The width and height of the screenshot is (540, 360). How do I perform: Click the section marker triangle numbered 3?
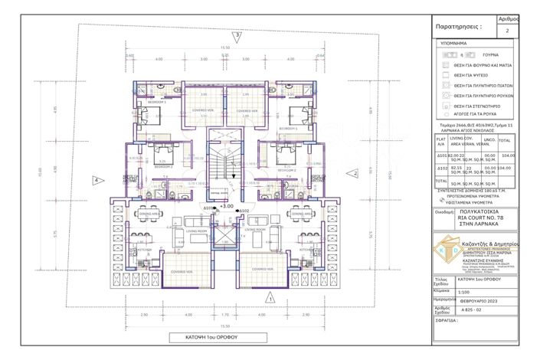point(237,35)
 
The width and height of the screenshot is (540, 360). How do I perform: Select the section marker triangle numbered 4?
point(97,181)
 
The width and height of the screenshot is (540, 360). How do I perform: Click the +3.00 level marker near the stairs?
point(226,206)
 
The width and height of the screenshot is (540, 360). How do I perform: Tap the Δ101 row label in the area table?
point(442,155)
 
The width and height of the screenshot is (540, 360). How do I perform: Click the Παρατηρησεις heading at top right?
point(459,25)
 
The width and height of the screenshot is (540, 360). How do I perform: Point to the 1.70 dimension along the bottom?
point(225,315)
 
